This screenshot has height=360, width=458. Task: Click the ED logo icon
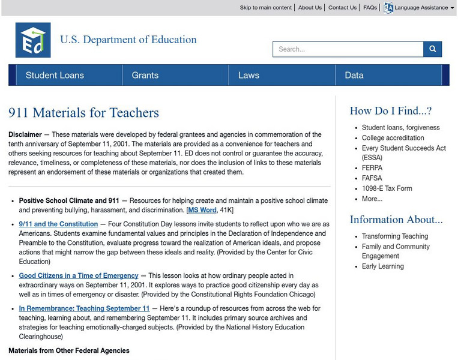(x=32, y=40)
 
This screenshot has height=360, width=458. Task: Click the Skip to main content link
(x=265, y=8)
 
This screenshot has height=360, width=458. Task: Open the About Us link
(x=310, y=8)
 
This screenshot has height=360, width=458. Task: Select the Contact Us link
(x=342, y=8)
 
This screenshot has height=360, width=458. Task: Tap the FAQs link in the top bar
(x=370, y=8)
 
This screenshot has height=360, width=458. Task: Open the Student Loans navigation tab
(x=55, y=75)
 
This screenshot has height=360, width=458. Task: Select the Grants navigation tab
(x=145, y=75)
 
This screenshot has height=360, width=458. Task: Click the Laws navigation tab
(x=249, y=75)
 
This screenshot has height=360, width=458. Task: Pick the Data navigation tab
(x=354, y=75)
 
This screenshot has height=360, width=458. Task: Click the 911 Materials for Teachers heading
(x=83, y=113)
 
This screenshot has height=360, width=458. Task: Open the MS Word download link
(x=202, y=210)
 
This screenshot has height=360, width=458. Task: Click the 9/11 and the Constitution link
(x=58, y=224)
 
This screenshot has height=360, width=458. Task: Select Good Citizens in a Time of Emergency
(x=79, y=275)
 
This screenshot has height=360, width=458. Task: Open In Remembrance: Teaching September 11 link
(x=84, y=308)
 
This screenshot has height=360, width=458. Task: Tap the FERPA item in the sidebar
(x=372, y=168)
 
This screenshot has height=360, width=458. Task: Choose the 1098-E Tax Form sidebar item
(x=387, y=188)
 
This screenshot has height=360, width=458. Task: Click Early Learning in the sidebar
(x=382, y=266)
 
